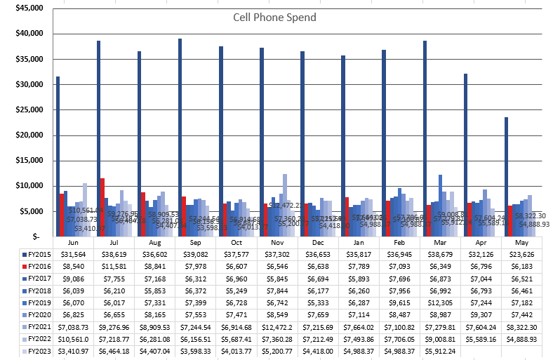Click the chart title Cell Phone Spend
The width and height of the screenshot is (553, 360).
pos(274,17)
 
